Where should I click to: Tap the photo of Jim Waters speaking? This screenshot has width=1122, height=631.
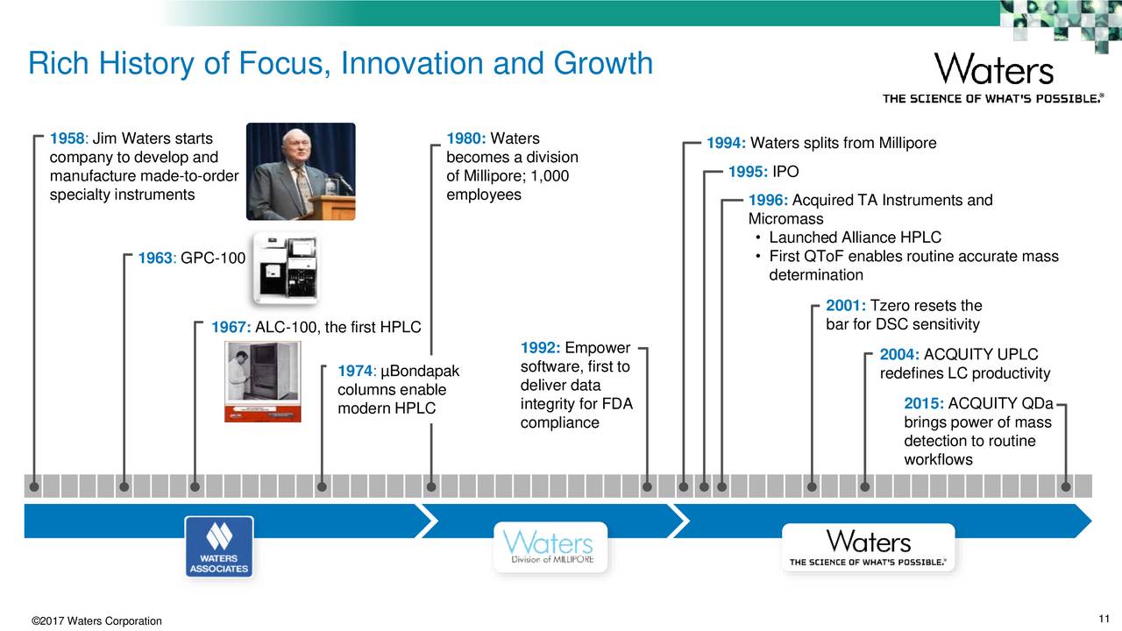[x=301, y=171]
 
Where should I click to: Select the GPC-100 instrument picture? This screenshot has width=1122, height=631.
[x=286, y=269]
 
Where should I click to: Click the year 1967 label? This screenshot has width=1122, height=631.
[x=231, y=327]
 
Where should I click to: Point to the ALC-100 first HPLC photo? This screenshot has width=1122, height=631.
[x=262, y=381]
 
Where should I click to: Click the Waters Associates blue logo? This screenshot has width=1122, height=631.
[x=219, y=546]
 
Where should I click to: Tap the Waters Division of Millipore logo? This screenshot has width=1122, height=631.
[x=550, y=547]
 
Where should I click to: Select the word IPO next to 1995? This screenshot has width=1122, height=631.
[x=785, y=172]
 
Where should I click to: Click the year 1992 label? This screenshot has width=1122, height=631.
[x=541, y=348]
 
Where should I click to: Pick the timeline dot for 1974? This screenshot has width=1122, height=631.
[x=322, y=486]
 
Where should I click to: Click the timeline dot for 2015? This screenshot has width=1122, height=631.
[x=1065, y=486]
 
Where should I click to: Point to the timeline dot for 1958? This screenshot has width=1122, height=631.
[x=34, y=486]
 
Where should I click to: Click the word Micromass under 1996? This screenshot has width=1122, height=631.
[x=785, y=219]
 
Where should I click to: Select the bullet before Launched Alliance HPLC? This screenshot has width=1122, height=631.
[x=758, y=238]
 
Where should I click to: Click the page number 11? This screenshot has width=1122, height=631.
[x=1104, y=619]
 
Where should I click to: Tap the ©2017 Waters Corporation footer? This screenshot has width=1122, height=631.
[x=96, y=621]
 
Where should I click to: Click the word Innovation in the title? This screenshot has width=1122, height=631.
[x=412, y=64]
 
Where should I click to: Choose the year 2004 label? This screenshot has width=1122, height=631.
[x=899, y=355]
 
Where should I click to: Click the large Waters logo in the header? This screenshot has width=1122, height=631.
[x=994, y=69]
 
